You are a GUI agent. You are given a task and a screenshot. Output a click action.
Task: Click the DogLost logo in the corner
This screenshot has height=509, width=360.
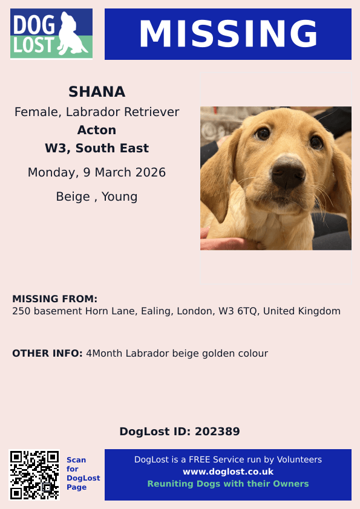tap(51, 34)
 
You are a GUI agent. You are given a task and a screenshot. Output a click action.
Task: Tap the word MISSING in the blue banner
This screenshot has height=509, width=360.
tap(228, 34)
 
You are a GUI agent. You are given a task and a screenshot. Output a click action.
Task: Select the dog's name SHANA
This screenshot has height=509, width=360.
tap(97, 92)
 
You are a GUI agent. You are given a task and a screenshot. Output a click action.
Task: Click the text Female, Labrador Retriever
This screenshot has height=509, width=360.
tap(97, 112)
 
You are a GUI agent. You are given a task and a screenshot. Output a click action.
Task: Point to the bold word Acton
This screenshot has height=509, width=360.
tap(97, 130)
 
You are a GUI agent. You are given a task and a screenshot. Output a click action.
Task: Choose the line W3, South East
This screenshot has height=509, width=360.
tap(97, 148)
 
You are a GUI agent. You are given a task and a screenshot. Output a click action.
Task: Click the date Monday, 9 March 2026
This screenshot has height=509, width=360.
tap(97, 173)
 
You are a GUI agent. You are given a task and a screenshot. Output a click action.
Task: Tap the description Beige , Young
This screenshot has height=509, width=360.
tap(97, 196)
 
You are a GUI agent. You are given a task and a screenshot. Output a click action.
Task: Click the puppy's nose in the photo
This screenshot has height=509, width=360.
tap(288, 175)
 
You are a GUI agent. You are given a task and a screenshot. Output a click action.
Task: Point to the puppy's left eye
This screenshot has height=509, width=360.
tap(316, 143)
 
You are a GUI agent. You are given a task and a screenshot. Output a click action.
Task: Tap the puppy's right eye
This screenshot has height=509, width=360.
tap(263, 133)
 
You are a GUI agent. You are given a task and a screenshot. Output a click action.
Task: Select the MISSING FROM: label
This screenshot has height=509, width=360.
tap(54, 299)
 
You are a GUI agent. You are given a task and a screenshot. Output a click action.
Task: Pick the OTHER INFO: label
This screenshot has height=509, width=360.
tap(47, 353)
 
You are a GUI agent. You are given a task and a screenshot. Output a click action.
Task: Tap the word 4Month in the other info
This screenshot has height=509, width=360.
tap(105, 353)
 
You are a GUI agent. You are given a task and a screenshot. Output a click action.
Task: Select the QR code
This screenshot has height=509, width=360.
tap(34, 475)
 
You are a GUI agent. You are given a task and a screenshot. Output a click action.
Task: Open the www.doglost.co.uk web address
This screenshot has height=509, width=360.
tap(228, 472)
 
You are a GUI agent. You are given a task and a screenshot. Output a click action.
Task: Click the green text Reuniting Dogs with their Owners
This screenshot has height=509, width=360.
tap(228, 484)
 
